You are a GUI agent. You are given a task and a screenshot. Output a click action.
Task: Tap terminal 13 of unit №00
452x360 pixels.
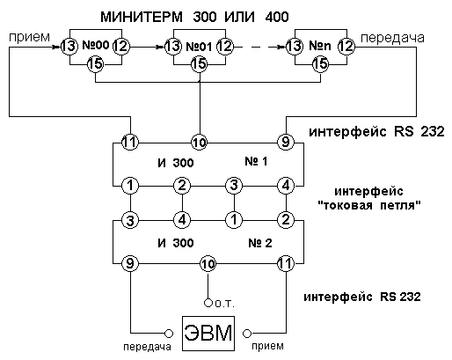click(69, 47)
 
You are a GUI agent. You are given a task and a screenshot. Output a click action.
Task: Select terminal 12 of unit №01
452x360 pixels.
click(225, 47)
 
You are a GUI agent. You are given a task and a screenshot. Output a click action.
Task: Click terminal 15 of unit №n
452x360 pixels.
click(321, 64)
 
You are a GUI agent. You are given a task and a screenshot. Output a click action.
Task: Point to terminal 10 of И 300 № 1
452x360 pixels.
click(200, 143)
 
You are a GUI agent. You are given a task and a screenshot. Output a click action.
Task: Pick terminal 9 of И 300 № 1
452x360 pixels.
click(286, 143)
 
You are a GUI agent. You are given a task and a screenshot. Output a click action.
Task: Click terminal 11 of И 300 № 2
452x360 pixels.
click(286, 264)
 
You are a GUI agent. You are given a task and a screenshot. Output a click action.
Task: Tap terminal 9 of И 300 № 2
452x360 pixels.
click(130, 264)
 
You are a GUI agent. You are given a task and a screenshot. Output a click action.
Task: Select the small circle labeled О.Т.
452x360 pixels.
click(208, 303)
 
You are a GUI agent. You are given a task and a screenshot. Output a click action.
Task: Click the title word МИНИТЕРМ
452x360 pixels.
click(142, 17)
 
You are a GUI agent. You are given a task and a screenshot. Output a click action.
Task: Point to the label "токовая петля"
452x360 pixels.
click(369, 205)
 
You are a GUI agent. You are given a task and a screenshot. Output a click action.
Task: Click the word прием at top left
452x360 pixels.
click(29, 37)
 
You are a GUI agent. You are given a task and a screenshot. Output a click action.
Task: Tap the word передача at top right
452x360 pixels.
click(392, 38)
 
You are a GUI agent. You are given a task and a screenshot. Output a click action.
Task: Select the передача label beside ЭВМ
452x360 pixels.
click(147, 347)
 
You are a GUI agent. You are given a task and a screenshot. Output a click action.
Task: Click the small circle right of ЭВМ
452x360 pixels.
click(247, 334)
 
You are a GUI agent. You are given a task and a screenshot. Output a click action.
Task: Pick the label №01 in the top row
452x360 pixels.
click(200, 47)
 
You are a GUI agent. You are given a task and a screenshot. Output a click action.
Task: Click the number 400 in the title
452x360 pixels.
click(277, 17)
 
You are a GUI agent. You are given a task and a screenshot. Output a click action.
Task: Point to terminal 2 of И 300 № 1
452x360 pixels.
click(182, 186)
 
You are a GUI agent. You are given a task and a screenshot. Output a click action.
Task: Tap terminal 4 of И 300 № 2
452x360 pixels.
click(182, 220)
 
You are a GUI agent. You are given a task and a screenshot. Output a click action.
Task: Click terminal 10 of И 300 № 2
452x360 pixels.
click(208, 264)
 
